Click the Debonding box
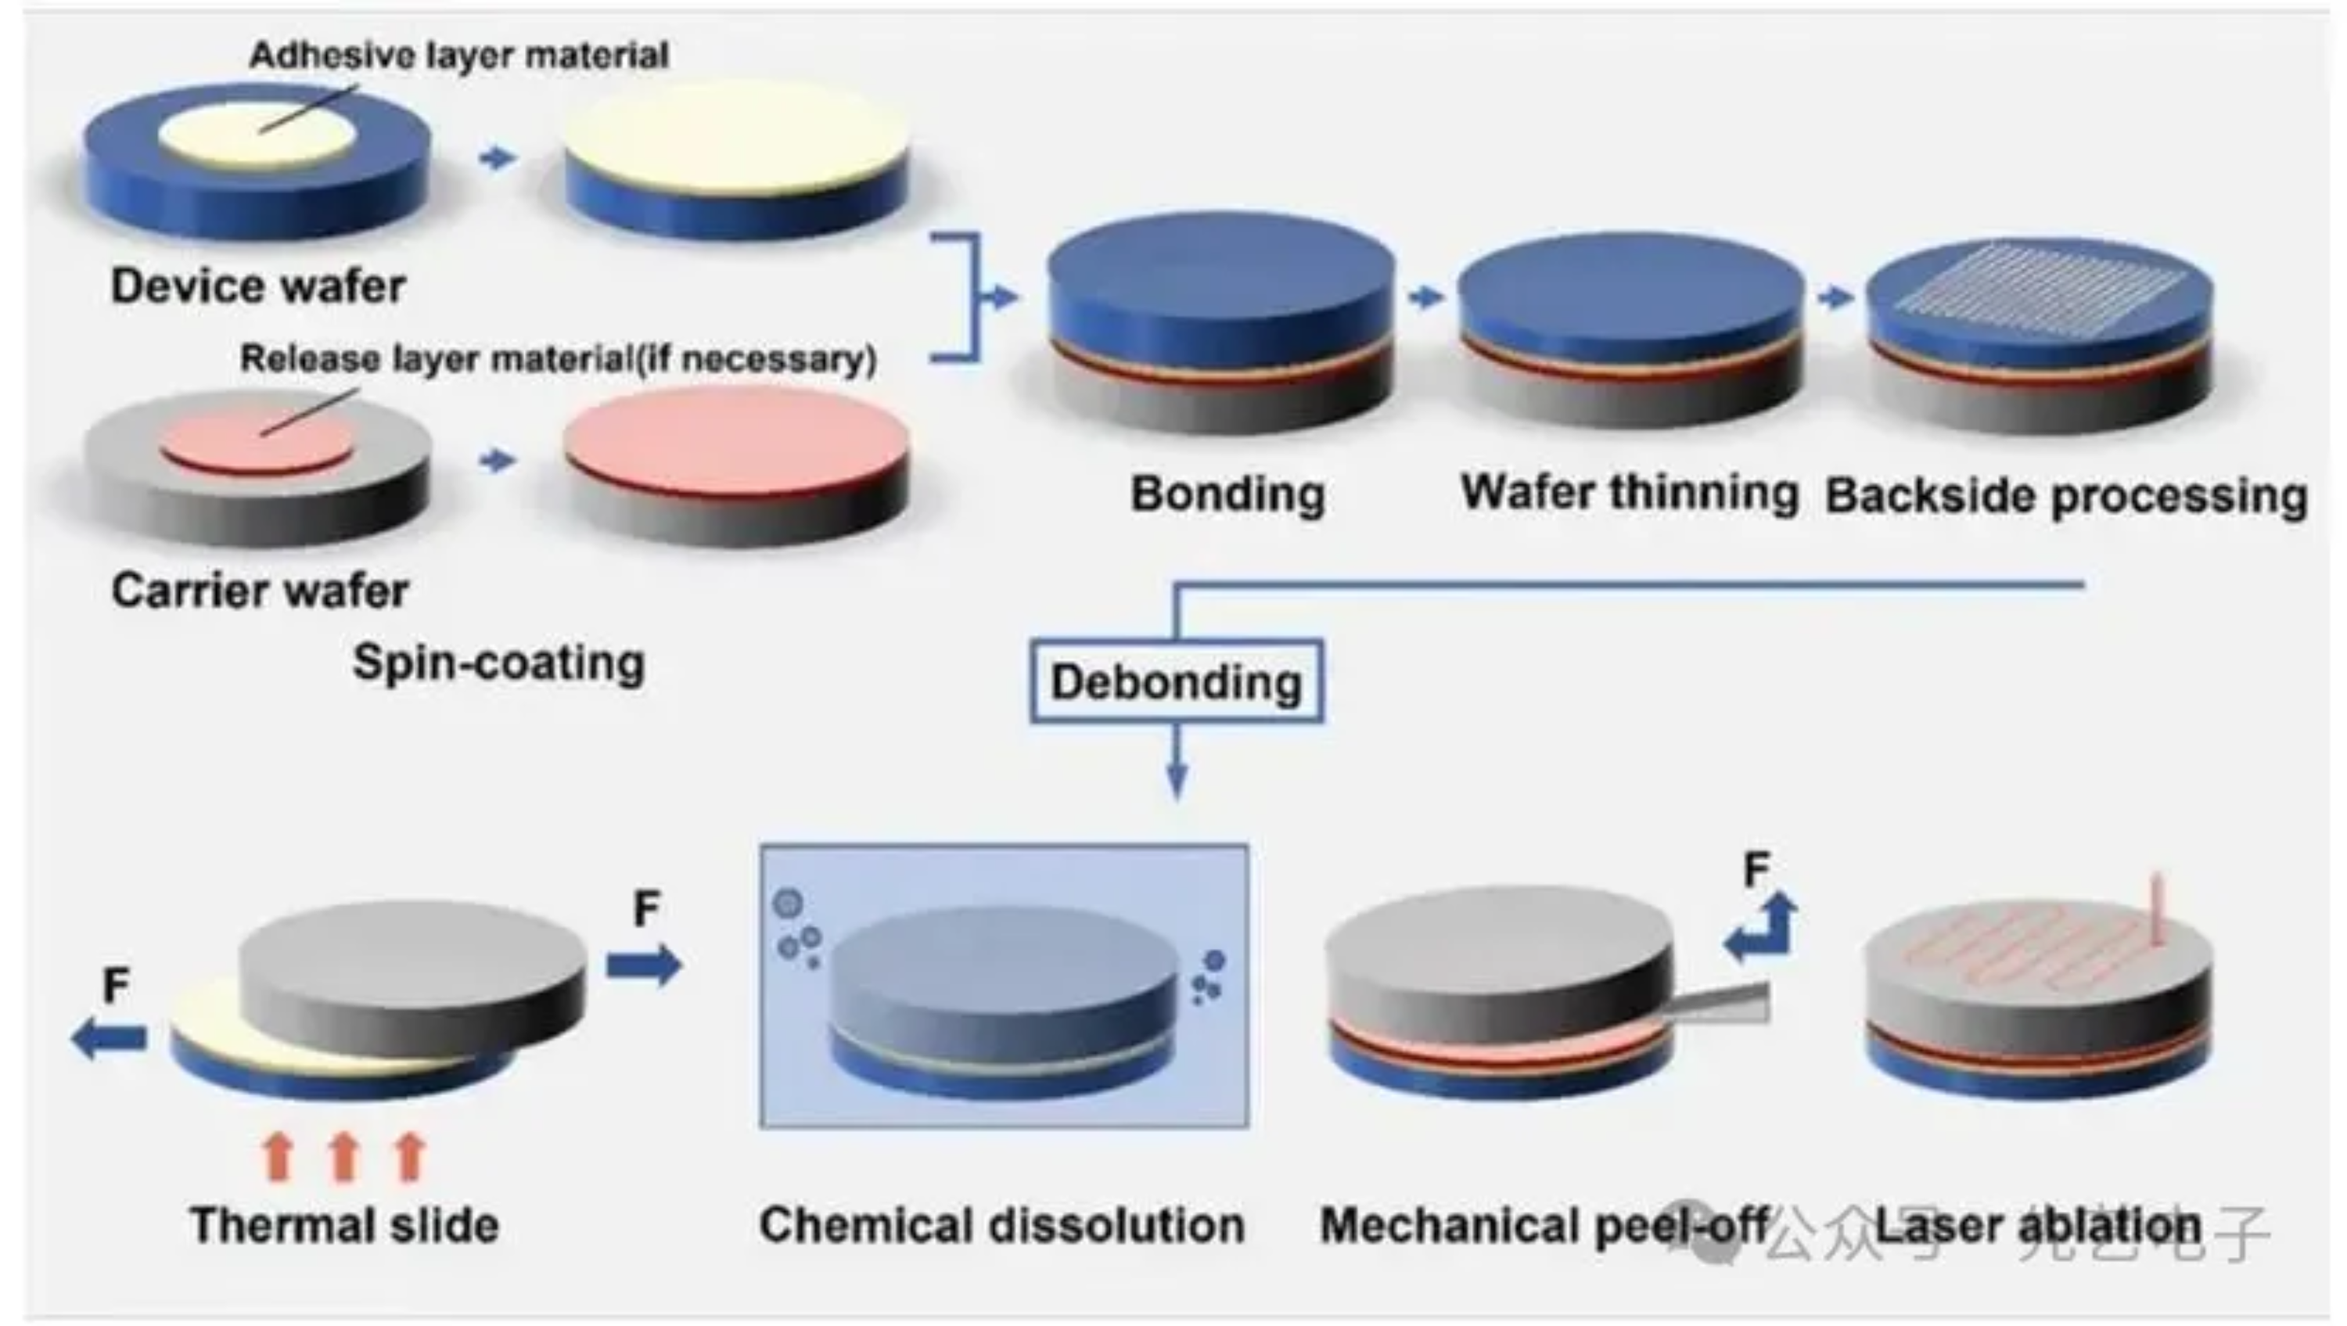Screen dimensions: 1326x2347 tap(1176, 681)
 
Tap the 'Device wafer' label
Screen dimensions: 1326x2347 tap(258, 286)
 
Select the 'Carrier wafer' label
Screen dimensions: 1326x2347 tap(260, 591)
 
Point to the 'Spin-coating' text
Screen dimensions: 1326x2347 tap(498, 663)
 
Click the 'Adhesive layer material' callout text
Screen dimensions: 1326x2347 tap(459, 56)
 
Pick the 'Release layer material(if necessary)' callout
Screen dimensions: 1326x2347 tap(558, 359)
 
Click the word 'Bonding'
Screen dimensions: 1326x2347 tap(1227, 494)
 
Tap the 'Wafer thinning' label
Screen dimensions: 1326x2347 tap(1629, 493)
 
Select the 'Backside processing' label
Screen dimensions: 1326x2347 tap(2066, 497)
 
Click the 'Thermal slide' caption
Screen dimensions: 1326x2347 tap(344, 1225)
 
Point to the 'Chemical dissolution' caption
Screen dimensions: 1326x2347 tap(1002, 1225)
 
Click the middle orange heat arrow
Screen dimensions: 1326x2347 tap(343, 1155)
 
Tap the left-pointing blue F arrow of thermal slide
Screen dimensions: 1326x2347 tap(110, 1038)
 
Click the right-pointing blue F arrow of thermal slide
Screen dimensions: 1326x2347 tap(643, 965)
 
